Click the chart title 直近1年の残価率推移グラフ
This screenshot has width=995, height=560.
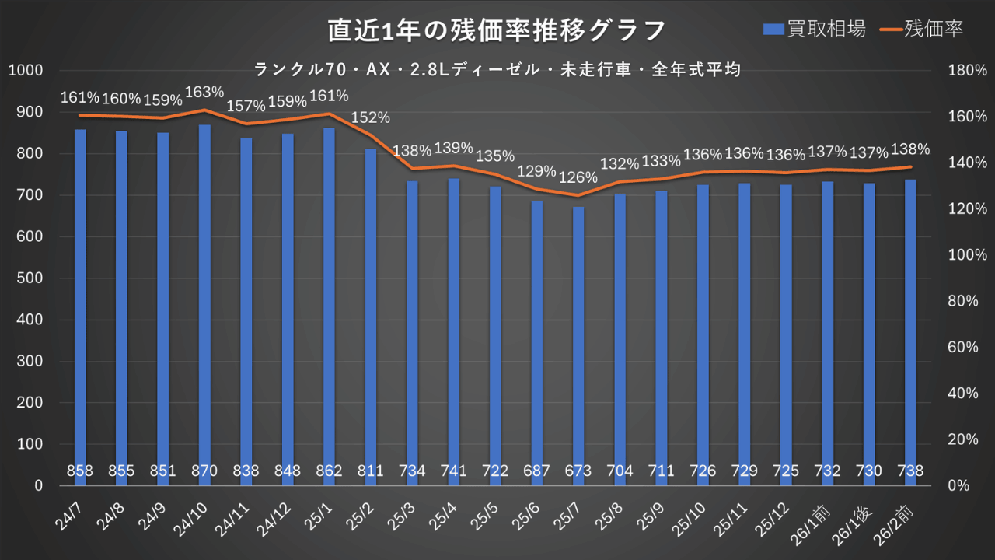pos(496,30)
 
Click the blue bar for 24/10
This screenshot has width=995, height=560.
pos(204,303)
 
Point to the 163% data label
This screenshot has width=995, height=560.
pos(205,93)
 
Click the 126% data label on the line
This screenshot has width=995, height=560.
pos(578,177)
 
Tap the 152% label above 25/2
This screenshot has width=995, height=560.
pos(371,118)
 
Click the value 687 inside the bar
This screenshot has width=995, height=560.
pos(536,471)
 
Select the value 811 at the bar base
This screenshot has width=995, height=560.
pos(371,471)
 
